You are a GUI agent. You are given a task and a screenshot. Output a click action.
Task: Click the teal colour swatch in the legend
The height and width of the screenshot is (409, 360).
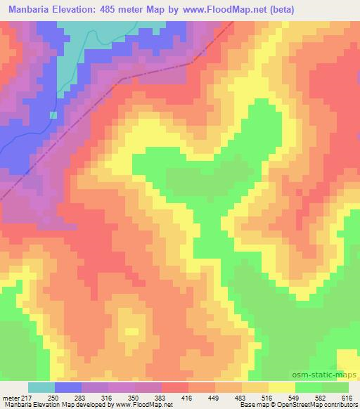click(41, 387)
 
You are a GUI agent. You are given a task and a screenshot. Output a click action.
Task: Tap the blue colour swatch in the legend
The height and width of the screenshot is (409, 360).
click(68, 387)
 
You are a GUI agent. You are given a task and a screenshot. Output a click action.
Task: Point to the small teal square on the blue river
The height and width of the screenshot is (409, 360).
click(53, 115)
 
